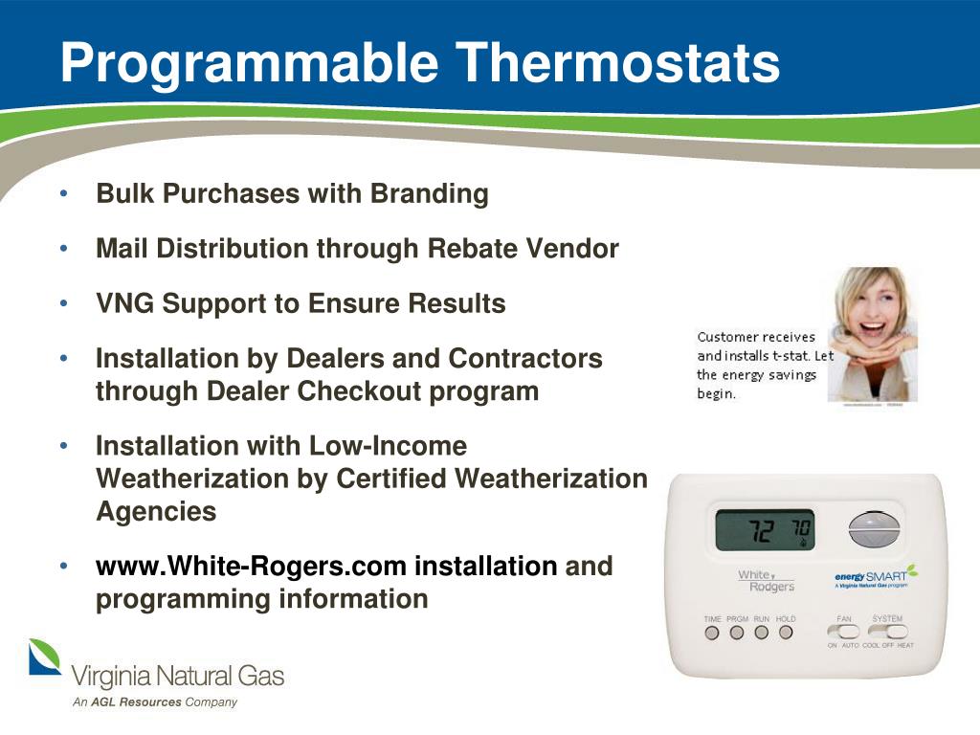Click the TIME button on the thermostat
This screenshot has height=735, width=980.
pyautogui.click(x=712, y=633)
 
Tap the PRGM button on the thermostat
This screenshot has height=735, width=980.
pyautogui.click(x=737, y=633)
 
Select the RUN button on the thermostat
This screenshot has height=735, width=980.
pyautogui.click(x=762, y=633)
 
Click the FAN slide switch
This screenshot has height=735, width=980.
pyautogui.click(x=843, y=632)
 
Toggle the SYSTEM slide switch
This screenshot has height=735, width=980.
pyautogui.click(x=887, y=632)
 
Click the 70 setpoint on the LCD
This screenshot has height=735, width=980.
pyautogui.click(x=800, y=529)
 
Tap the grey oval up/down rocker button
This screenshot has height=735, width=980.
pyautogui.click(x=875, y=529)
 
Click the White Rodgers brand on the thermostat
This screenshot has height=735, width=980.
pyautogui.click(x=765, y=580)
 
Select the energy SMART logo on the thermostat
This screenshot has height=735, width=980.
pyautogui.click(x=871, y=578)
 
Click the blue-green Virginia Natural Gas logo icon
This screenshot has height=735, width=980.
pyautogui.click(x=44, y=657)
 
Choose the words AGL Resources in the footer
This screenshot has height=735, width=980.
pyautogui.click(x=136, y=702)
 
